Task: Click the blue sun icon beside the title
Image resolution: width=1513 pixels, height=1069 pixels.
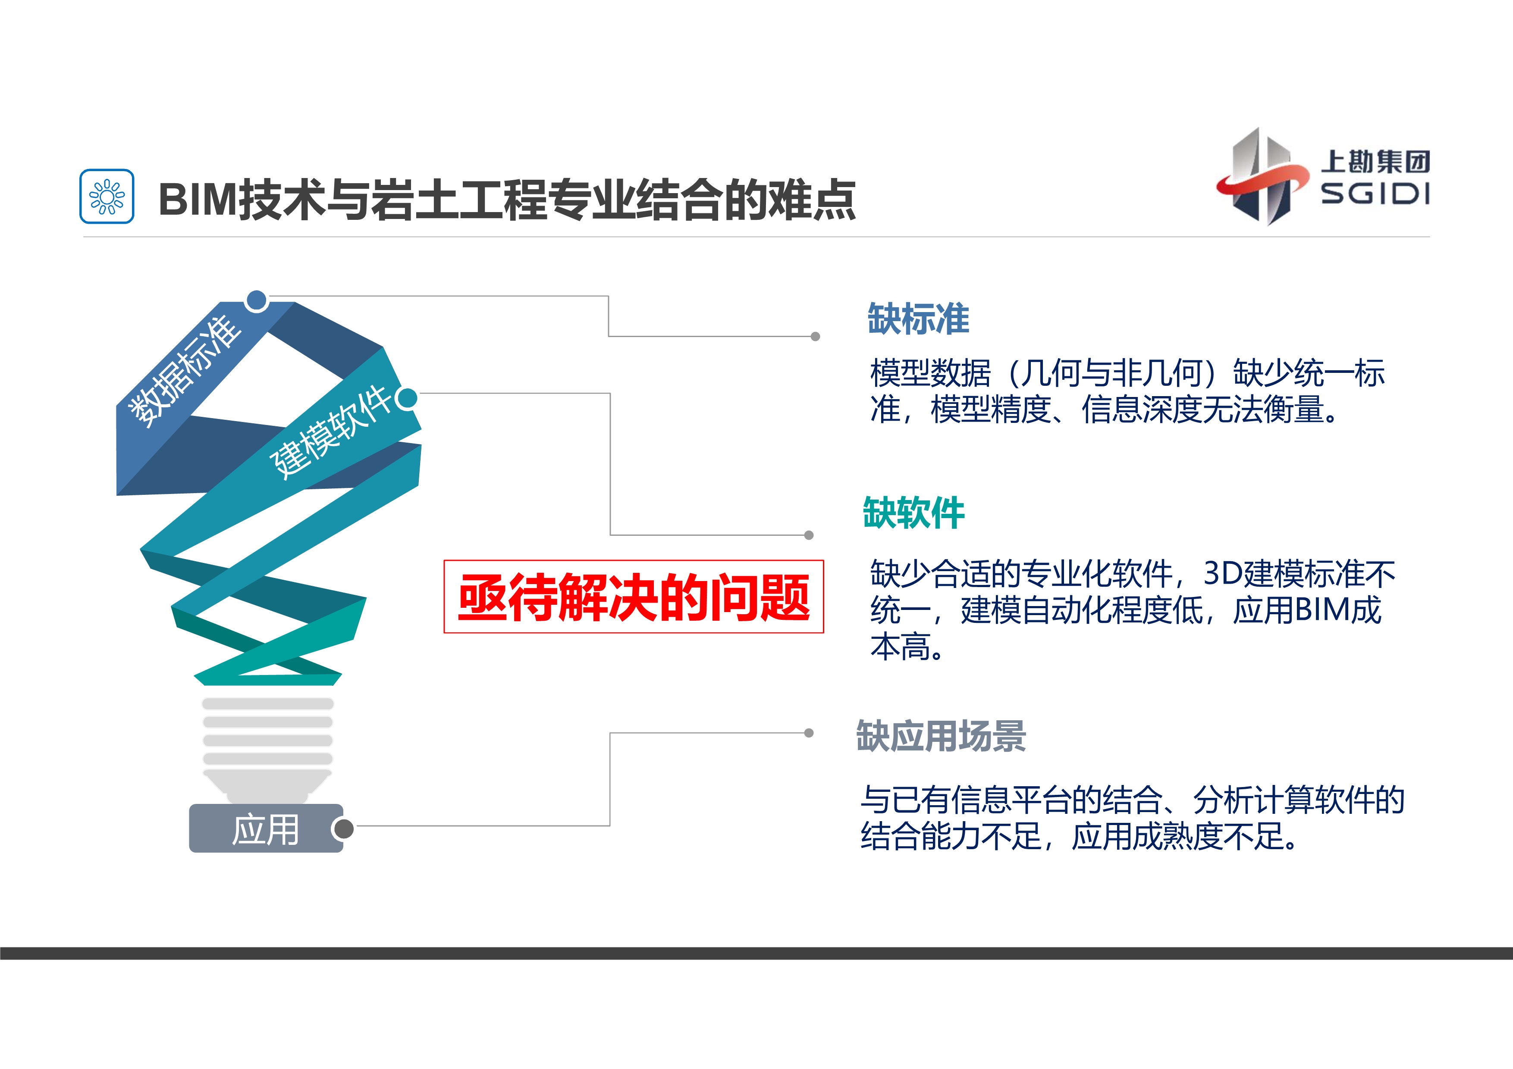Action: (107, 196)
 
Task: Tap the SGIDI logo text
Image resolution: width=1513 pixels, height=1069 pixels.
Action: (1375, 194)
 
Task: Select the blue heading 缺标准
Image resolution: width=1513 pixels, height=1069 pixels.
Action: (918, 319)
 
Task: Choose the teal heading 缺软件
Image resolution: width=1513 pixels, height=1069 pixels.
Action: (913, 513)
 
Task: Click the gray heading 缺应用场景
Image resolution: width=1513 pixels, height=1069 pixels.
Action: (941, 736)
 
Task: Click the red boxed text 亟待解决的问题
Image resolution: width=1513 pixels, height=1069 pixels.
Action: (634, 597)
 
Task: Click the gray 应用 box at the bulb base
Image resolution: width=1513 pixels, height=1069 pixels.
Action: (266, 828)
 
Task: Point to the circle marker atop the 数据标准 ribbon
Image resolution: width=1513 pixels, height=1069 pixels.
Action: (256, 300)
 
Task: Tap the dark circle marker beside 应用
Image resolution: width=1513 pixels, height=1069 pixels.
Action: (342, 828)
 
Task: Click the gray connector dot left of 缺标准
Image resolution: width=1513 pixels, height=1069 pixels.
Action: (815, 337)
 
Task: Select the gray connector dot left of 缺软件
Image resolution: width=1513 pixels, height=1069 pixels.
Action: (809, 535)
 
